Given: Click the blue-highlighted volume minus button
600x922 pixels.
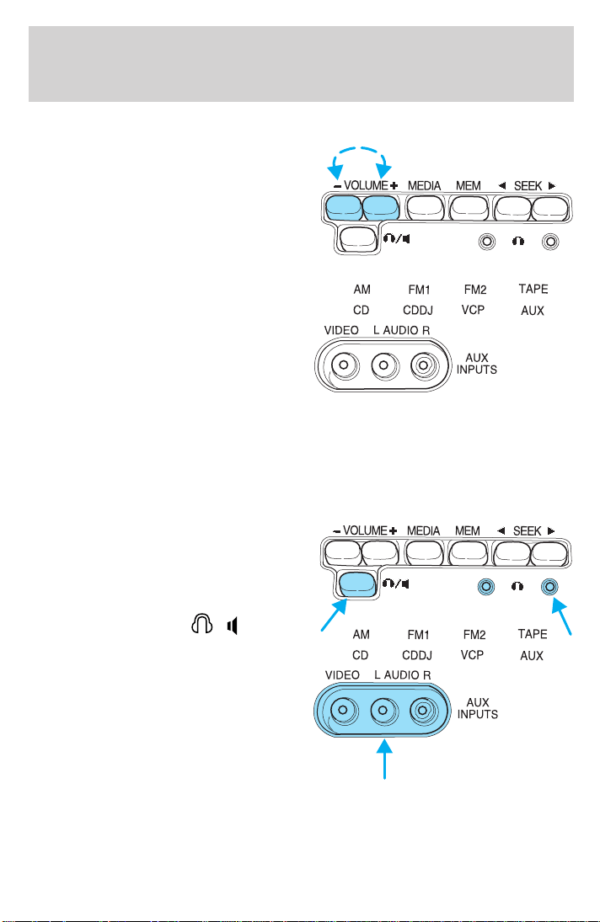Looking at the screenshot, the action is point(344,208).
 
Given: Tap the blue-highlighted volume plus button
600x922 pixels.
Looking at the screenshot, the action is point(381,208).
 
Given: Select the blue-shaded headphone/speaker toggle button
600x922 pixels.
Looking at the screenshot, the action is point(357,584).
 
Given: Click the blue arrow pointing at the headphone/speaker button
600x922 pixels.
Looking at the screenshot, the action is point(334,615).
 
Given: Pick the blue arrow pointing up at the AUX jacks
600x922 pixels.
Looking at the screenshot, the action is point(385,759).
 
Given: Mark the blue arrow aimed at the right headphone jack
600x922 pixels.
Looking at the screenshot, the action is point(562,617).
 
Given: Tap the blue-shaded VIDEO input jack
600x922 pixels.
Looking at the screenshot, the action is point(344,711).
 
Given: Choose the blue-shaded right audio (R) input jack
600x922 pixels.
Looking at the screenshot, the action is point(422,711).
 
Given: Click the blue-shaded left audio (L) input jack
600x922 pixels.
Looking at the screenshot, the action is point(383,711).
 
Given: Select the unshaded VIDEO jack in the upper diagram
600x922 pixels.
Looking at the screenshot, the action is point(344,365).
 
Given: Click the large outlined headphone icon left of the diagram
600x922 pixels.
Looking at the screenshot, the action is point(201,623).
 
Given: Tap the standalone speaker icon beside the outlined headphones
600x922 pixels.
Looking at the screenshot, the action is point(233,626).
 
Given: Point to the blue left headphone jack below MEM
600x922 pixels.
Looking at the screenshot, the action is point(485,586).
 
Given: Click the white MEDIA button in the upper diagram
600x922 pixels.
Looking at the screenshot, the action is point(425,208).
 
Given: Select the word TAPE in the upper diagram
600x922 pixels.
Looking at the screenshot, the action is point(533,289).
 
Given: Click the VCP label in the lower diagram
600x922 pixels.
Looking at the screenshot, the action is point(473,654).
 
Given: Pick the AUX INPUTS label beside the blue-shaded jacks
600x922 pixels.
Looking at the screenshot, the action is point(478,708).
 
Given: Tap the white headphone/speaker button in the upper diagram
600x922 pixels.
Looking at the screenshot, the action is point(358,239).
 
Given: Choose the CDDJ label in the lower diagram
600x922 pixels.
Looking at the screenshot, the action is point(417,655).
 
